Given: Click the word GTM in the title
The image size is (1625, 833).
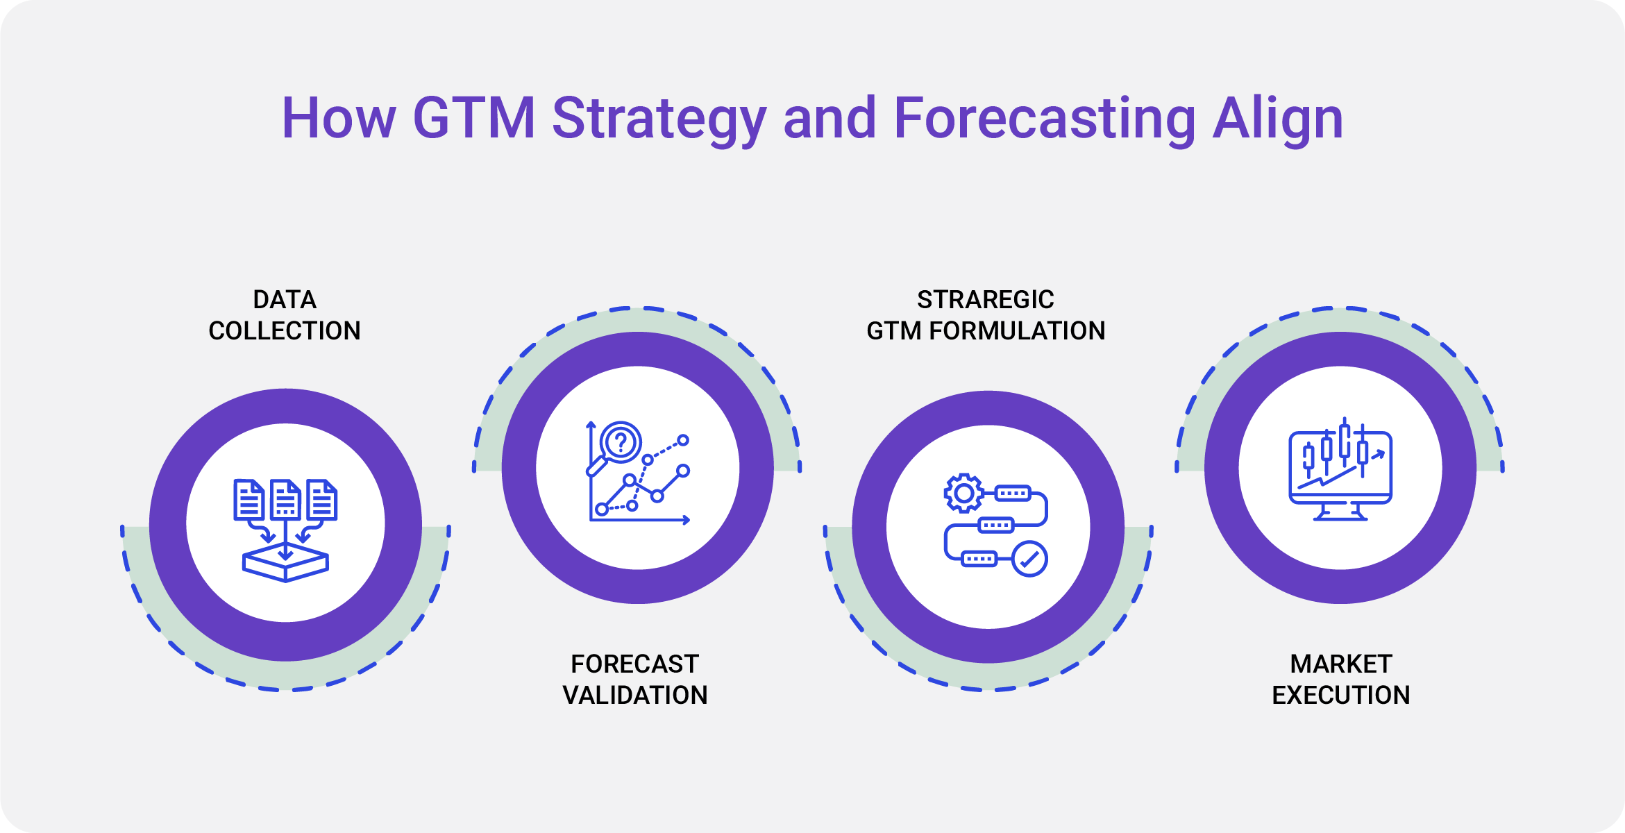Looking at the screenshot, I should [473, 118].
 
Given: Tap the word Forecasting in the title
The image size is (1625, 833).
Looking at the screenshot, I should [1045, 118].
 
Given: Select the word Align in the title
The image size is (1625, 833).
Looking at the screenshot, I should [1278, 118].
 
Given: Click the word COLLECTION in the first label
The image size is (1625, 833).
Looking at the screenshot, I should [285, 330].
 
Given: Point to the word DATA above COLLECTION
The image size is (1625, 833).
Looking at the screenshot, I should [285, 299].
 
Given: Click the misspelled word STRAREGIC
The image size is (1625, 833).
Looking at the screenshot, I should [985, 299].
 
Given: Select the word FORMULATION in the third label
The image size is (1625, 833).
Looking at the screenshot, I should [1017, 330].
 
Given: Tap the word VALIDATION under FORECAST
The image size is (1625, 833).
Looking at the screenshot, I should [635, 695].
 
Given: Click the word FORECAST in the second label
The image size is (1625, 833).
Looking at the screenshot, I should [635, 664].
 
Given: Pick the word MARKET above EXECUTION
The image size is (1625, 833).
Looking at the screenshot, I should [1341, 664].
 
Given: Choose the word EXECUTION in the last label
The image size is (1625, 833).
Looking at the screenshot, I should [1341, 695].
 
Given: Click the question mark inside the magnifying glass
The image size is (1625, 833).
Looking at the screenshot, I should [621, 441].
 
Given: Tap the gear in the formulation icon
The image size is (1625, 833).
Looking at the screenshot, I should [963, 494].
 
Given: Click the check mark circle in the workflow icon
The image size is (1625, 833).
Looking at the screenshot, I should [1029, 559].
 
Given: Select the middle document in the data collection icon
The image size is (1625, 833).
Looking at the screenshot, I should [285, 499].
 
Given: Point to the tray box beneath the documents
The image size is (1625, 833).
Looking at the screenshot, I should [285, 564].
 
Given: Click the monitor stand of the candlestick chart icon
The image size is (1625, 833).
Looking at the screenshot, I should [1340, 514].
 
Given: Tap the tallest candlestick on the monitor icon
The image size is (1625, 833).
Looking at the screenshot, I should [1345, 441].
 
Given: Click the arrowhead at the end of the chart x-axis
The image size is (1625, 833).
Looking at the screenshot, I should [687, 520].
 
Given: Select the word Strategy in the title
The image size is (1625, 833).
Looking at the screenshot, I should [659, 118].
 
